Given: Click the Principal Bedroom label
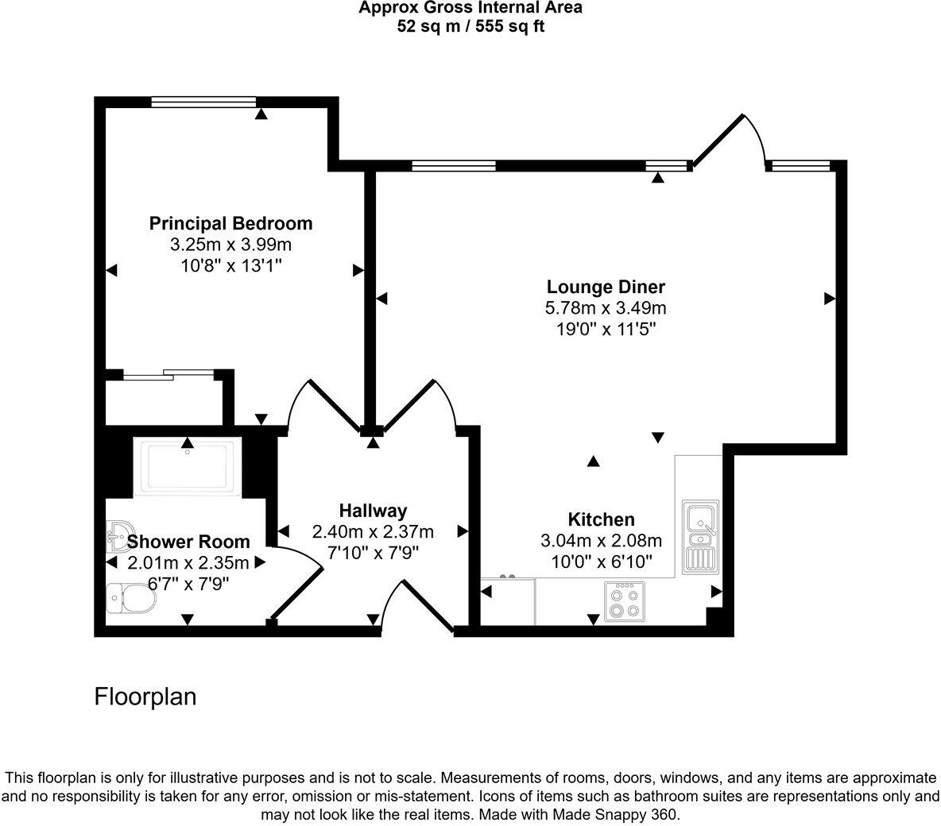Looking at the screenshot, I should [x=230, y=223].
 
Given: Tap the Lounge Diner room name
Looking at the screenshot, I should [x=606, y=287].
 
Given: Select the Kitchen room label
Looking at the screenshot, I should [x=601, y=519].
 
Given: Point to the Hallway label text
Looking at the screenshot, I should [x=373, y=511].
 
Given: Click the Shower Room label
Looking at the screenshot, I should [x=188, y=542].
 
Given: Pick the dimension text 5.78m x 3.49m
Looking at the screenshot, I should [x=606, y=307].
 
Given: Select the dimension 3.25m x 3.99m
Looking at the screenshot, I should [x=230, y=245].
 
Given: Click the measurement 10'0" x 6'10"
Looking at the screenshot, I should [x=601, y=562].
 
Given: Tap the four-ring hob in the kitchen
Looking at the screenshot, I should [x=624, y=601].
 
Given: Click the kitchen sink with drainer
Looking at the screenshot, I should [x=699, y=538].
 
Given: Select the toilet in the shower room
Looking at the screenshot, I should [x=130, y=598].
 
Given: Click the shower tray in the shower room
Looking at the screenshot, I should [x=188, y=467].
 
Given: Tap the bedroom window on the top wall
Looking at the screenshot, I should [x=203, y=101].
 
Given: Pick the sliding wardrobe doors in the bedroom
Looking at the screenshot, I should [x=168, y=374].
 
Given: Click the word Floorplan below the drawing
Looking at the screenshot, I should [x=145, y=697].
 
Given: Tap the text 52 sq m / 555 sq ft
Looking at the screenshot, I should [x=470, y=26].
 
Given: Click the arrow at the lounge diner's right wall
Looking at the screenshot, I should [x=829, y=298].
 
